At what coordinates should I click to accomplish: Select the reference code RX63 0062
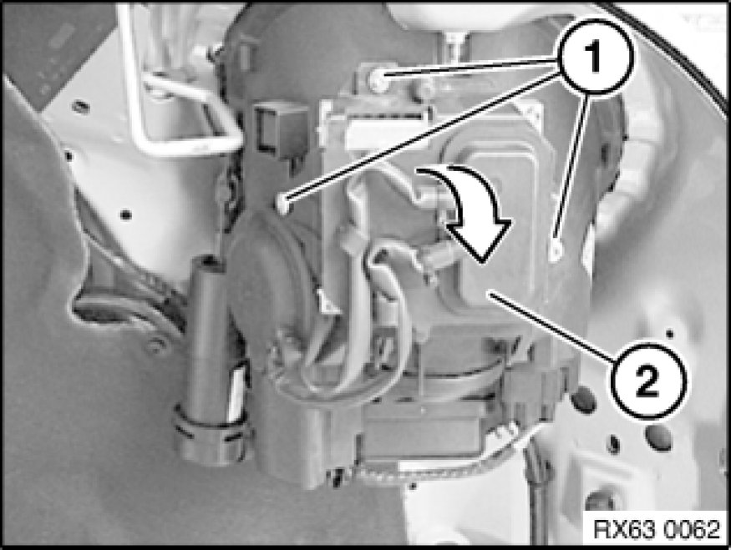[x=657, y=530]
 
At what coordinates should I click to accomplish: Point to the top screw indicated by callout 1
[x=378, y=79]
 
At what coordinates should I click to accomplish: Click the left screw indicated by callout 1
[x=282, y=204]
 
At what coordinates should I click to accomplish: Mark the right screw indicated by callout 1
[x=556, y=251]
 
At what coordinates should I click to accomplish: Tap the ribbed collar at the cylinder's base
[x=212, y=436]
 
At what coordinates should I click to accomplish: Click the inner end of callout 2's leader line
[x=490, y=294]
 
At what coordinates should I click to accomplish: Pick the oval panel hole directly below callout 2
[x=659, y=438]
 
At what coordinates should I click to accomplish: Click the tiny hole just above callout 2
[x=669, y=334]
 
